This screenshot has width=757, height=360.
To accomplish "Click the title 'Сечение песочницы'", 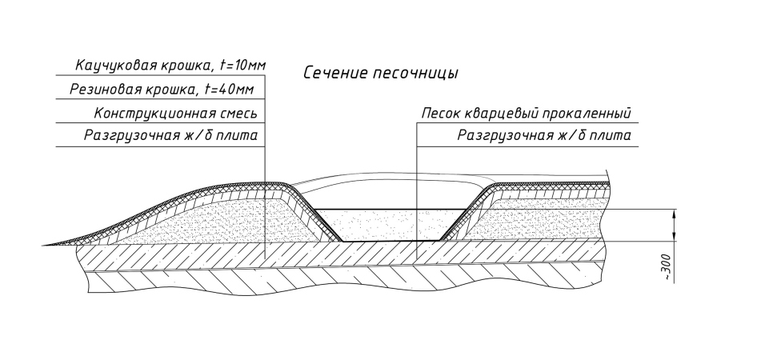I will click(379, 74).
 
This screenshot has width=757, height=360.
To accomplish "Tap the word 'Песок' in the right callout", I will click(442, 112).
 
